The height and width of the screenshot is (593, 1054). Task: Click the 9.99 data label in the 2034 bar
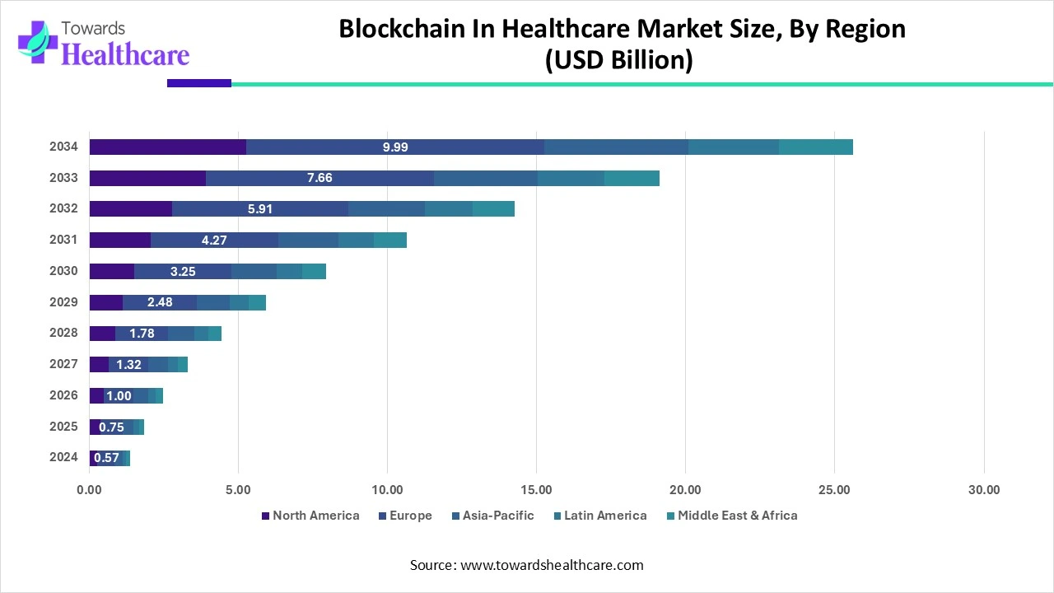(x=395, y=147)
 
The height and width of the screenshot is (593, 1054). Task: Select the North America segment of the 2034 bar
(x=168, y=147)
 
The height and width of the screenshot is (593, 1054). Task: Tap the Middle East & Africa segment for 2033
(x=632, y=178)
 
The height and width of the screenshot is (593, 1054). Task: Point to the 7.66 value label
(x=319, y=178)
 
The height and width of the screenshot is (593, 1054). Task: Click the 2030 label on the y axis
(x=63, y=271)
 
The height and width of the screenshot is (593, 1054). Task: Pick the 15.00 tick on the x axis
(x=536, y=489)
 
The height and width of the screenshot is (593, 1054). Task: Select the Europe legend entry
(x=405, y=516)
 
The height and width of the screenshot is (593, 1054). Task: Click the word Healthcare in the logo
(x=125, y=54)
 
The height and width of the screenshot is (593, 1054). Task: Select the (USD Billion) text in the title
(x=618, y=60)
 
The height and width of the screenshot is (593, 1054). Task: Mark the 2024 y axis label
(x=63, y=457)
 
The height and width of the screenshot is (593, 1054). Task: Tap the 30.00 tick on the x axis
(x=983, y=489)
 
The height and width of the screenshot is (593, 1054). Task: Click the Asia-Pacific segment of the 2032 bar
(x=386, y=209)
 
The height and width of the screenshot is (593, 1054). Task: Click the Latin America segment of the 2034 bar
(x=733, y=147)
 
